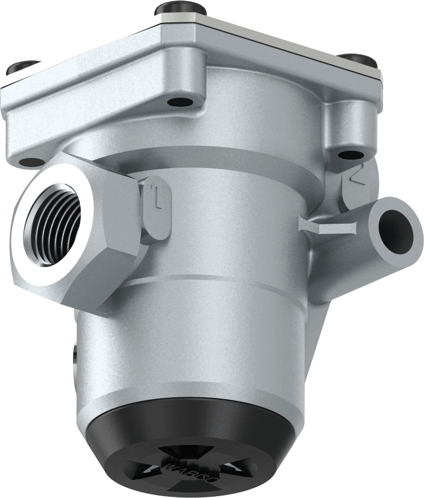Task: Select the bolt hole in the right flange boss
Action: [351, 154]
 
